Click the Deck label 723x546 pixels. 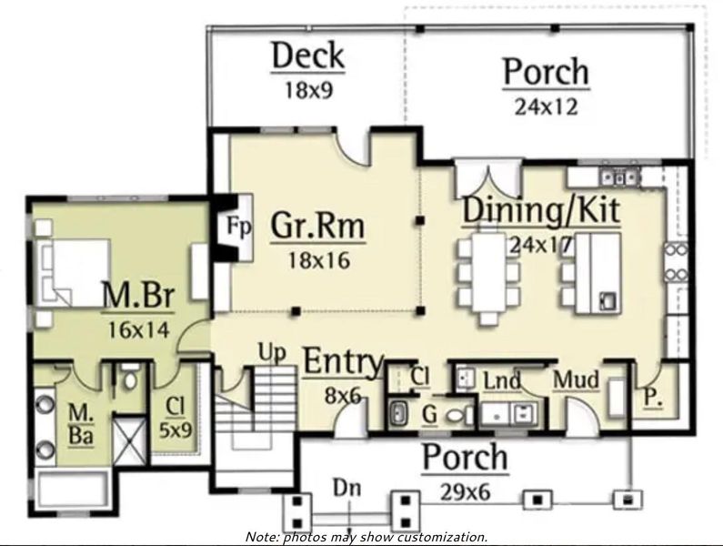308,56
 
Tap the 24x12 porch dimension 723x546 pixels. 546,106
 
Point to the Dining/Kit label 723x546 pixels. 542,209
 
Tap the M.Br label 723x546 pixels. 138,296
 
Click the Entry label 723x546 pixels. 342,361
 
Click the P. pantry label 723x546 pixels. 652,397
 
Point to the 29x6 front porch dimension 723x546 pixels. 464,491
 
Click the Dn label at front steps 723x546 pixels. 346,489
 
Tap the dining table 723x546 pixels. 488,273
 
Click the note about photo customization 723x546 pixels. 366,537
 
